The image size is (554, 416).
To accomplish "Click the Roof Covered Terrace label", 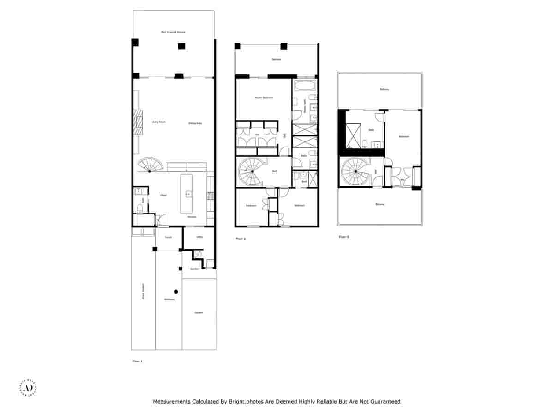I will tap(173, 32).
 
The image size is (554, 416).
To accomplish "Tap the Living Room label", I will tap(159, 122).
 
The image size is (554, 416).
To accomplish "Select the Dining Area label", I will tap(195, 123).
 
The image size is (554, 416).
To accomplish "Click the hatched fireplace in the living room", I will tap(137, 122).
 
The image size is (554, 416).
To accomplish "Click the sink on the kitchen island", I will tap(188, 194).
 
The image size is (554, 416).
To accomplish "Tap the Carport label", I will tap(199, 313).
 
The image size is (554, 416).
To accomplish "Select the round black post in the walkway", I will tap(175, 291).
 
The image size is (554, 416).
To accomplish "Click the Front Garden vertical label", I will tap(143, 291).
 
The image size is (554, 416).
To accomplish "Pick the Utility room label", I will tap(199, 237).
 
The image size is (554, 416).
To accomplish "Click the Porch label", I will tap(169, 237).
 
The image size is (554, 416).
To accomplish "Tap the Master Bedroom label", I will tap(264, 98).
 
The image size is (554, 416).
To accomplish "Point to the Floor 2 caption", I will tap(241, 239).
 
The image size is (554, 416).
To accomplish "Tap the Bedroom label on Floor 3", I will tap(404, 136).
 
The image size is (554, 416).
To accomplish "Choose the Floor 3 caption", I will tap(344, 237).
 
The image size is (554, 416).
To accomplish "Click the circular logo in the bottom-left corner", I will tap(27, 388).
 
